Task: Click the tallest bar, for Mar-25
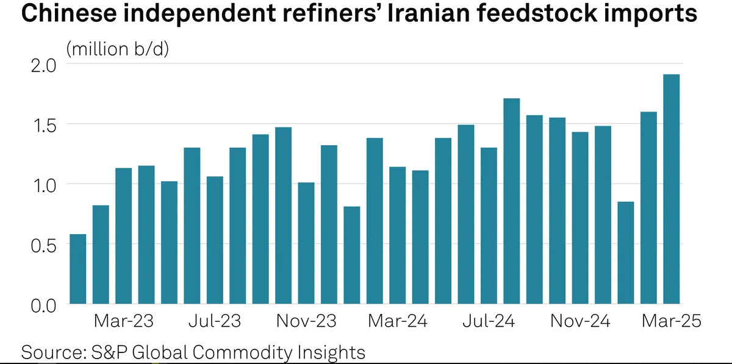click(672, 189)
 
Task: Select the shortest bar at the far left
click(78, 269)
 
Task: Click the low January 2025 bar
click(626, 252)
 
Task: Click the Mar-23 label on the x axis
click(124, 321)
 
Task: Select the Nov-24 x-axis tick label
click(580, 321)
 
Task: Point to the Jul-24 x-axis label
click(489, 321)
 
